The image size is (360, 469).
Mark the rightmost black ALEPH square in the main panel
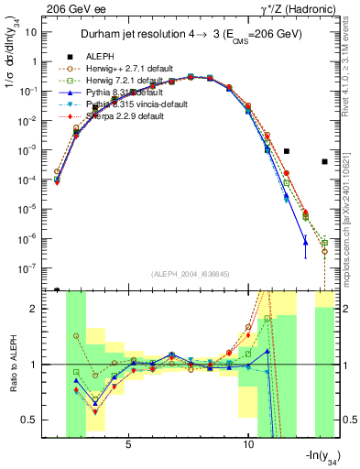tap(325, 162)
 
